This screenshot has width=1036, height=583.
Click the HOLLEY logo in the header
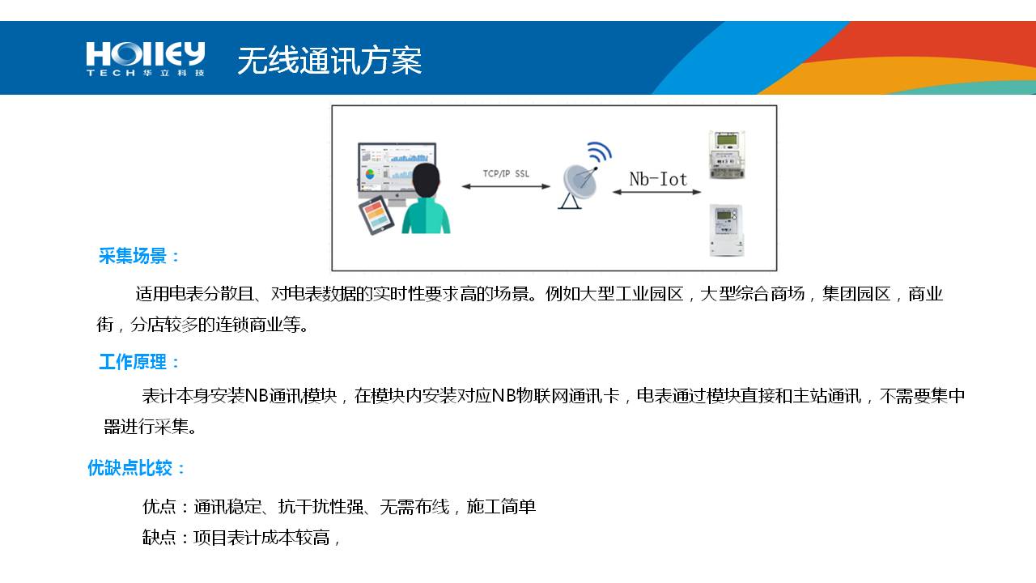click(x=146, y=59)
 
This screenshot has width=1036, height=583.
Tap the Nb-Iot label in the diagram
click(x=658, y=179)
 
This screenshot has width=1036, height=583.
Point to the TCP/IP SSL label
click(x=506, y=173)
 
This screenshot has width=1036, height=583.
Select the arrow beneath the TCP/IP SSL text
click(x=506, y=186)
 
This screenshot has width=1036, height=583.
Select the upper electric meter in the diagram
click(x=726, y=155)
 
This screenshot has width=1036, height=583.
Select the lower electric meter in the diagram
click(x=726, y=230)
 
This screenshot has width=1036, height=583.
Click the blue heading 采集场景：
click(x=139, y=257)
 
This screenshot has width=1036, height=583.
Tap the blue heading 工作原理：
click(x=139, y=362)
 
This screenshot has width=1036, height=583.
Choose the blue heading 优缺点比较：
click(x=137, y=468)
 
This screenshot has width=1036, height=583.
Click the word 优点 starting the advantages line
click(x=159, y=507)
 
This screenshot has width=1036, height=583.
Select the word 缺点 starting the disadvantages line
click(x=159, y=537)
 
